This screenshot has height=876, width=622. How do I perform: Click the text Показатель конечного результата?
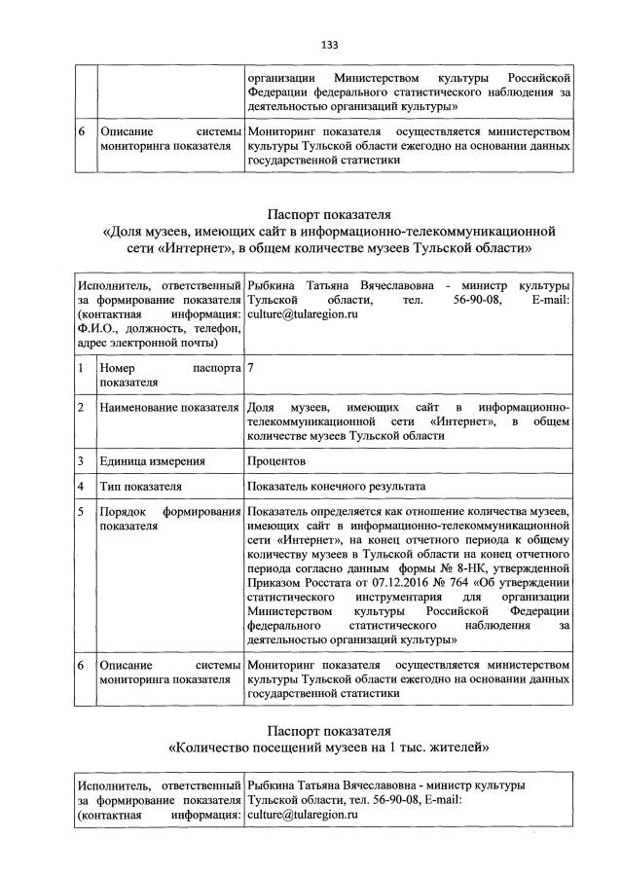(337, 485)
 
